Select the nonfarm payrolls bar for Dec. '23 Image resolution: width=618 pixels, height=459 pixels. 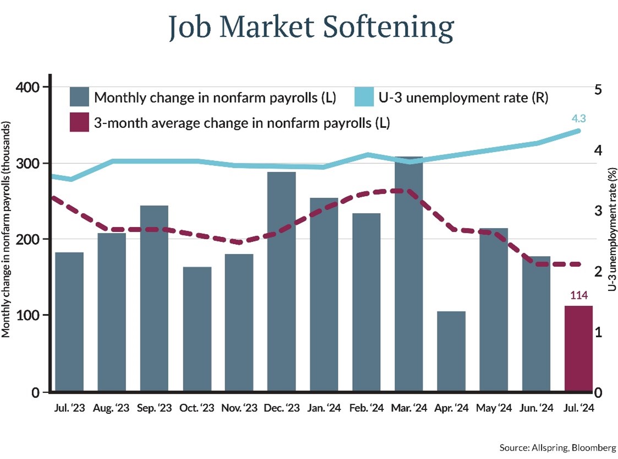(x=281, y=281)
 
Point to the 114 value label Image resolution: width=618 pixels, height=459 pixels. (x=578, y=296)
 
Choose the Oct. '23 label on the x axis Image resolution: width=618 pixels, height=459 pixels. (x=196, y=408)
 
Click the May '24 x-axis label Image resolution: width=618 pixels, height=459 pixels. (x=494, y=408)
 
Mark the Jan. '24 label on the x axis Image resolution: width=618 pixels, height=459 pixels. (x=324, y=408)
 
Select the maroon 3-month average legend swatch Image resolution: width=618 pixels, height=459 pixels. (x=79, y=123)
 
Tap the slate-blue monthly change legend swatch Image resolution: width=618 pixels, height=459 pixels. (x=79, y=98)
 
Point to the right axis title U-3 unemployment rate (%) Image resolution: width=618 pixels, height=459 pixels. (x=611, y=231)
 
